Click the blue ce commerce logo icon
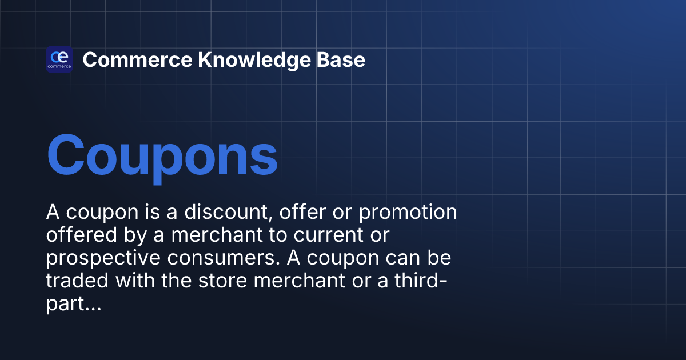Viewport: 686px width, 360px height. point(59,59)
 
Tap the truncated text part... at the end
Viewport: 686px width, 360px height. point(74,305)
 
